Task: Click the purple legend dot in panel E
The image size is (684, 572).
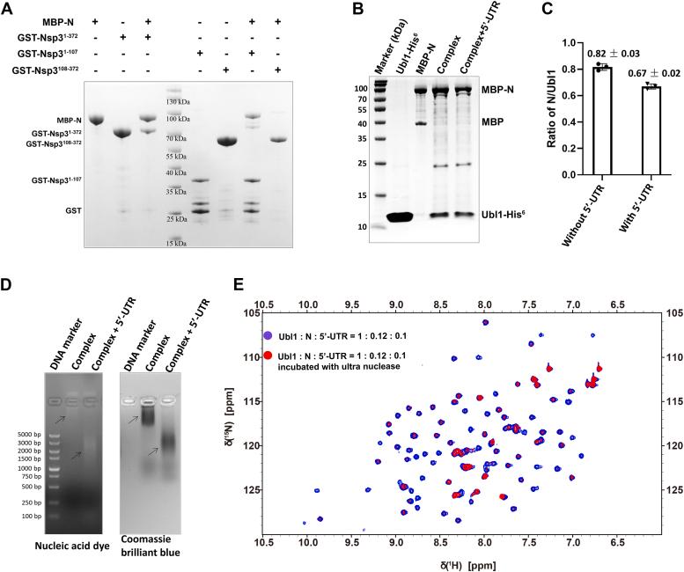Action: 267,335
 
